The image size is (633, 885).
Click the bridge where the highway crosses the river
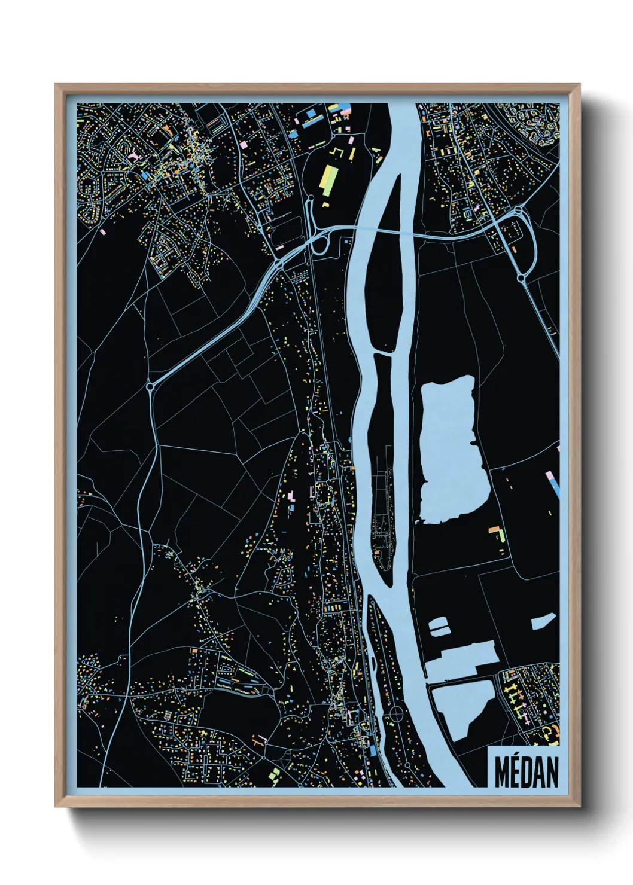pyautogui.click(x=383, y=231)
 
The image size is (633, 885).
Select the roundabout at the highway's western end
pyautogui.click(x=150, y=387)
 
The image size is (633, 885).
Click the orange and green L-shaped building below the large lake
pyautogui.click(x=496, y=533)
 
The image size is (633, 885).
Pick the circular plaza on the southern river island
pyautogui.click(x=396, y=714)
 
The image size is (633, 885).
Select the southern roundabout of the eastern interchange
pyautogui.click(x=521, y=278)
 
